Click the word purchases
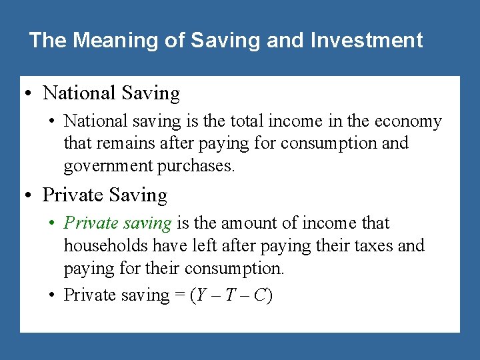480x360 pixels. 196,166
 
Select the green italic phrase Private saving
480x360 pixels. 118,223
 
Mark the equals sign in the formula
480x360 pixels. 180,295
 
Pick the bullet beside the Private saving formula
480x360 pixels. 52,295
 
